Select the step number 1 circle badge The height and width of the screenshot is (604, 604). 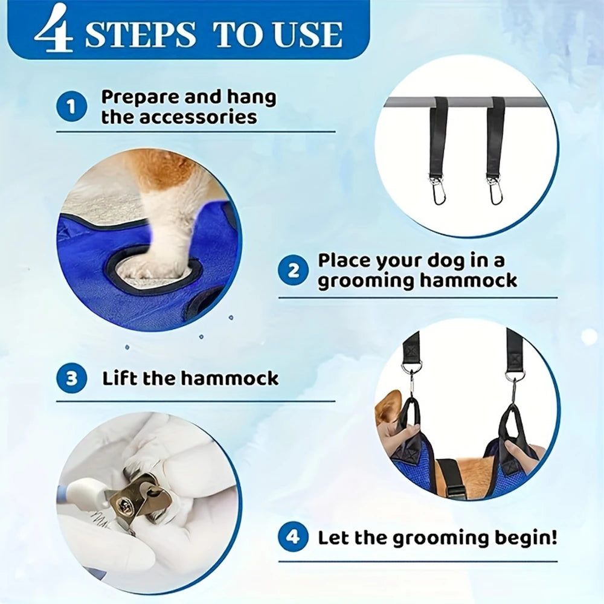click(x=72, y=108)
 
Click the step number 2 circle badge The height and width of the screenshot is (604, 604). click(x=293, y=269)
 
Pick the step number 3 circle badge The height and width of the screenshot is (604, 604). click(x=72, y=379)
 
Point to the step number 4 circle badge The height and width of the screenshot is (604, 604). click(x=293, y=537)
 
